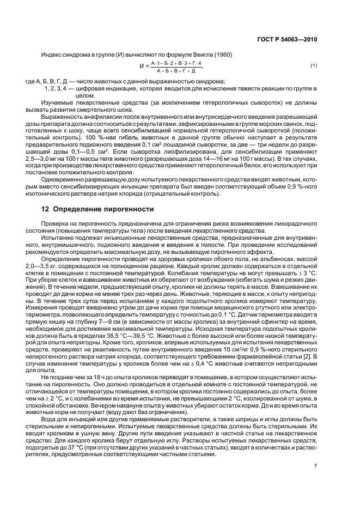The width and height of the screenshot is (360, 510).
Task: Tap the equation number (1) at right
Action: pyautogui.click(x=314, y=66)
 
